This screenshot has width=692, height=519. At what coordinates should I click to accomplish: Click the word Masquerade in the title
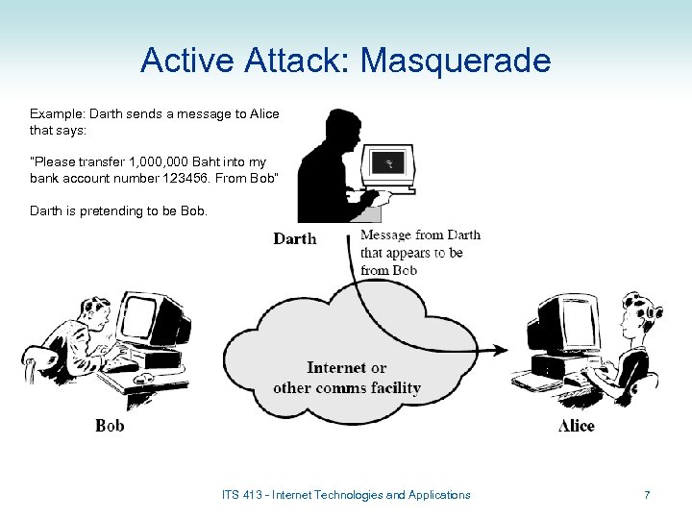(x=455, y=61)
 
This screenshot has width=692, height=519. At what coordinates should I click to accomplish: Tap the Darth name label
(x=294, y=238)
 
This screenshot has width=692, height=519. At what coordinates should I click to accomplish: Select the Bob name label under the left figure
(x=110, y=425)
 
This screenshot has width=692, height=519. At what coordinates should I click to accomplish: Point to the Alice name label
(x=576, y=426)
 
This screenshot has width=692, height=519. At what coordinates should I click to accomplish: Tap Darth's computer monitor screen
(x=388, y=163)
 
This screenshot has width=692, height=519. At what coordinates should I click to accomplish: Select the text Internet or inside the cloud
(x=346, y=368)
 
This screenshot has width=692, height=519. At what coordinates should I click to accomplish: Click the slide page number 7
(x=647, y=495)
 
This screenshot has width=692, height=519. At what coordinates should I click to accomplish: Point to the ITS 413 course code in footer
(x=242, y=495)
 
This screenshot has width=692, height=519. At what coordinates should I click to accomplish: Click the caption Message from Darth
(x=420, y=235)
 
